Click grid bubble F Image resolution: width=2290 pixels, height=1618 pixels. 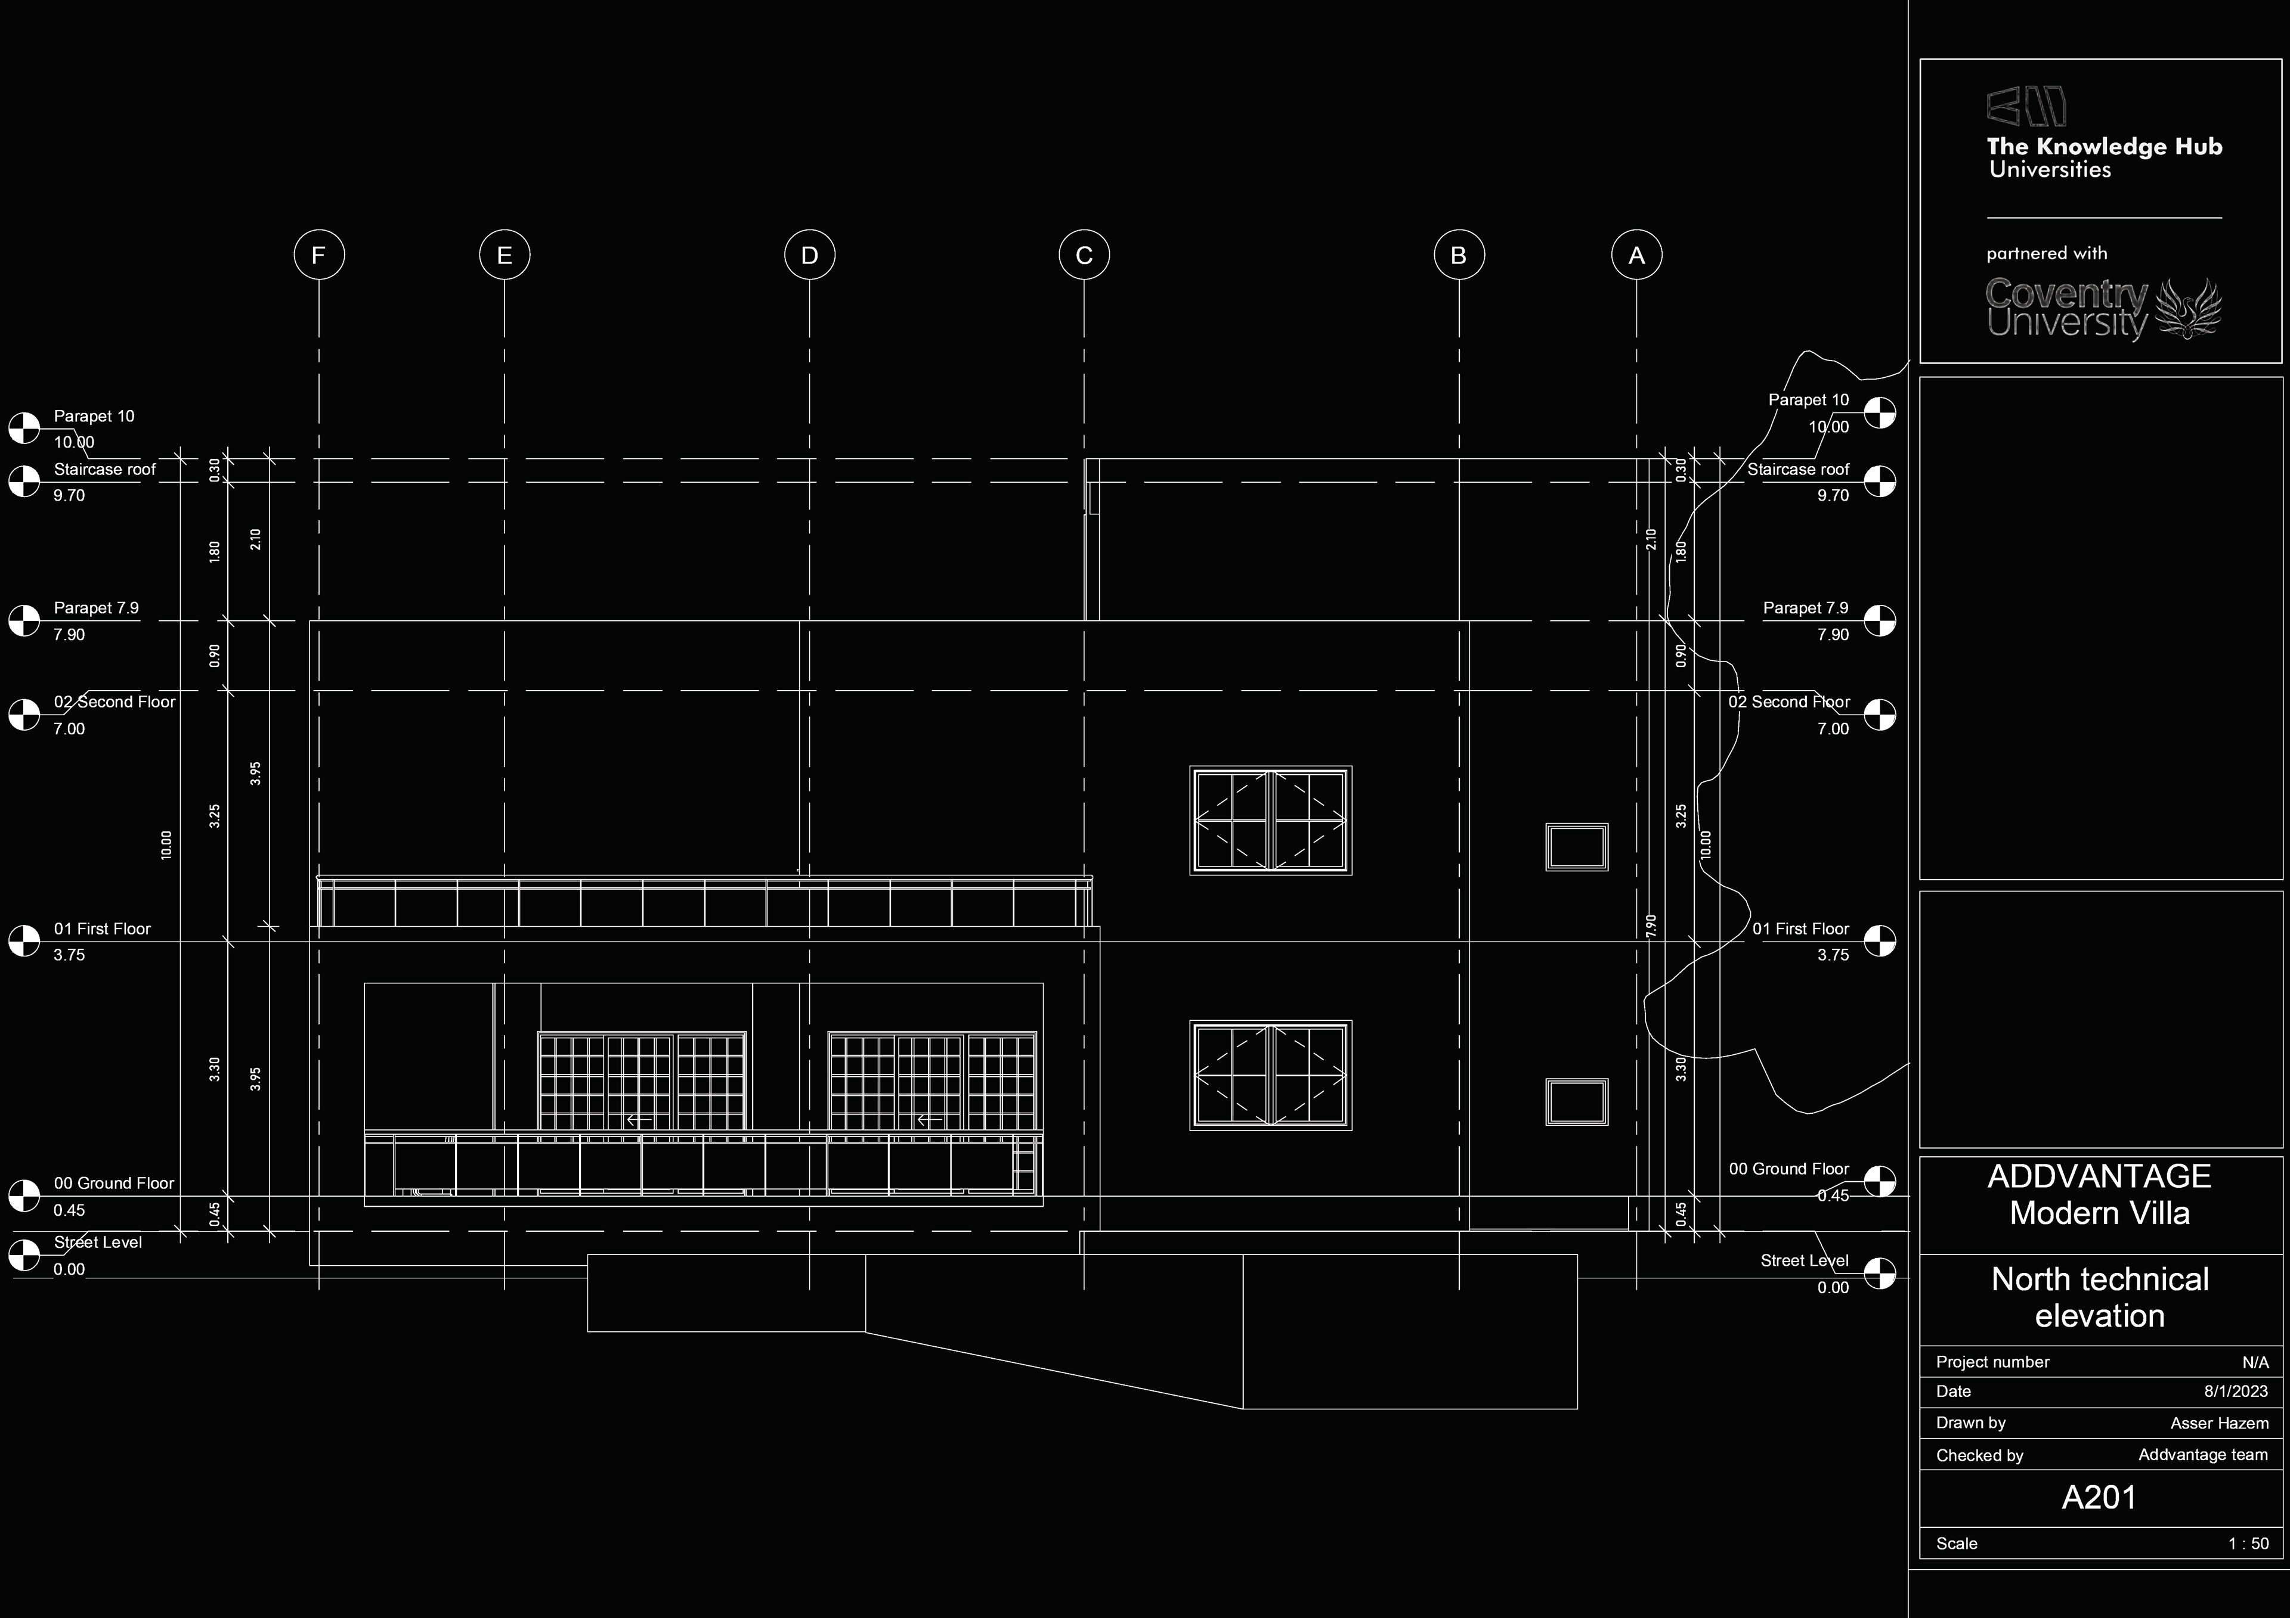click(x=319, y=255)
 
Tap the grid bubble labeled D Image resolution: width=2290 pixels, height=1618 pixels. click(x=809, y=255)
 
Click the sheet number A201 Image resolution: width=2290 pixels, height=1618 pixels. click(x=2100, y=1498)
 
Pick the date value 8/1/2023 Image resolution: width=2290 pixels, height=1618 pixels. click(x=2236, y=1391)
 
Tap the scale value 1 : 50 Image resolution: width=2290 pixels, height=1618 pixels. click(x=2248, y=1544)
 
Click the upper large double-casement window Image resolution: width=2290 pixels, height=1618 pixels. click(x=1271, y=821)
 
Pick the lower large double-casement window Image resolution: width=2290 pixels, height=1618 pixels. click(x=1271, y=1074)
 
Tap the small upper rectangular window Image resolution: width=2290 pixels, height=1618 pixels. click(x=1576, y=847)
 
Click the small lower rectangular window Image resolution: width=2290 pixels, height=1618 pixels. click(x=1576, y=1101)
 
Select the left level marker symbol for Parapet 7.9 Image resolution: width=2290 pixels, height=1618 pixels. click(x=24, y=620)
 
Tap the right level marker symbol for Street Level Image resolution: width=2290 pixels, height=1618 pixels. click(x=1880, y=1272)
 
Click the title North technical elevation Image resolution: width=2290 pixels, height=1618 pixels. click(x=2100, y=1297)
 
